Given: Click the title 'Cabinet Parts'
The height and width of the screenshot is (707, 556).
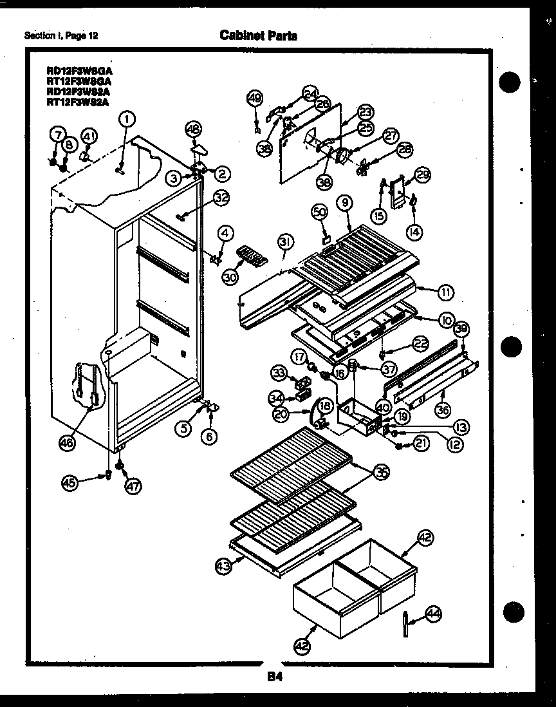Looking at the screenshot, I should click(x=258, y=35).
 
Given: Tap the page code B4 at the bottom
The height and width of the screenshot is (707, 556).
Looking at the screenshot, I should click(x=275, y=676).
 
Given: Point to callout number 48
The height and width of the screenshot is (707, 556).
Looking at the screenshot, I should click(x=193, y=129).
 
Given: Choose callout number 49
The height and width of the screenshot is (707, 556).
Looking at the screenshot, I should click(x=255, y=99).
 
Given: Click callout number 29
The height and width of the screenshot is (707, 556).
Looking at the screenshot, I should click(x=422, y=174).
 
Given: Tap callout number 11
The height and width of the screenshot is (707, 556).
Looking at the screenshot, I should click(x=445, y=292).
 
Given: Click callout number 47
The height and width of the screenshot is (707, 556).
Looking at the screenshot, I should click(x=133, y=487).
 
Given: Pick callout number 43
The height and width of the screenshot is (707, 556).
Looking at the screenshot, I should click(x=223, y=566).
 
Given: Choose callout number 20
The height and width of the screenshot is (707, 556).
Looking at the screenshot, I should click(x=280, y=415).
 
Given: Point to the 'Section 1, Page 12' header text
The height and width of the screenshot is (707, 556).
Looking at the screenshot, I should click(x=60, y=36).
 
